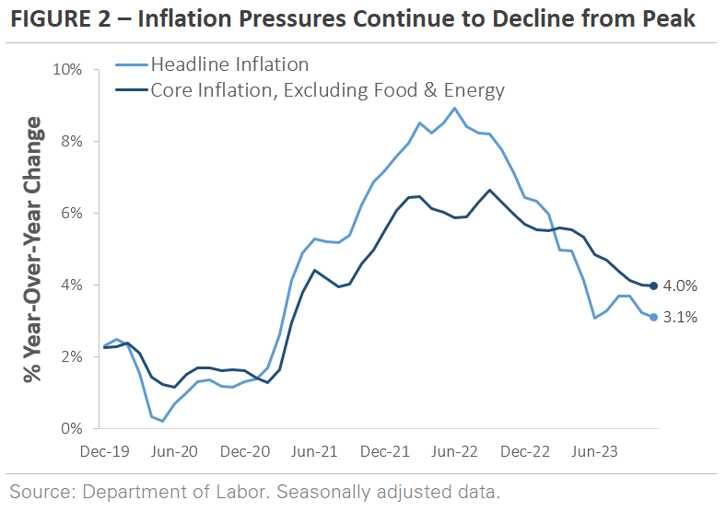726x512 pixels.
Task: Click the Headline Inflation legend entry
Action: click(228, 64)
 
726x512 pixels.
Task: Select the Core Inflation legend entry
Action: click(327, 89)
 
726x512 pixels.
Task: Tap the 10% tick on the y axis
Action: click(71, 69)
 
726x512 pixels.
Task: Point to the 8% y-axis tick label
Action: click(75, 141)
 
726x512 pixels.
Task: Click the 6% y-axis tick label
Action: click(75, 213)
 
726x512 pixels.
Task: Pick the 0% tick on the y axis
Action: click(75, 428)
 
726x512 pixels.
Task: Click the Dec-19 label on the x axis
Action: click(104, 452)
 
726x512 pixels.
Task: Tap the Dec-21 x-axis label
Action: click(384, 452)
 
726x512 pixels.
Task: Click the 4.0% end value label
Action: click(681, 285)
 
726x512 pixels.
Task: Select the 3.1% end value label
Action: click(681, 318)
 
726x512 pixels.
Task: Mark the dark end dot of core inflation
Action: click(654, 285)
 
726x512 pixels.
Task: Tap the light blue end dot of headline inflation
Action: click(654, 317)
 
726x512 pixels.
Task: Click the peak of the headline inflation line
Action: click(454, 108)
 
